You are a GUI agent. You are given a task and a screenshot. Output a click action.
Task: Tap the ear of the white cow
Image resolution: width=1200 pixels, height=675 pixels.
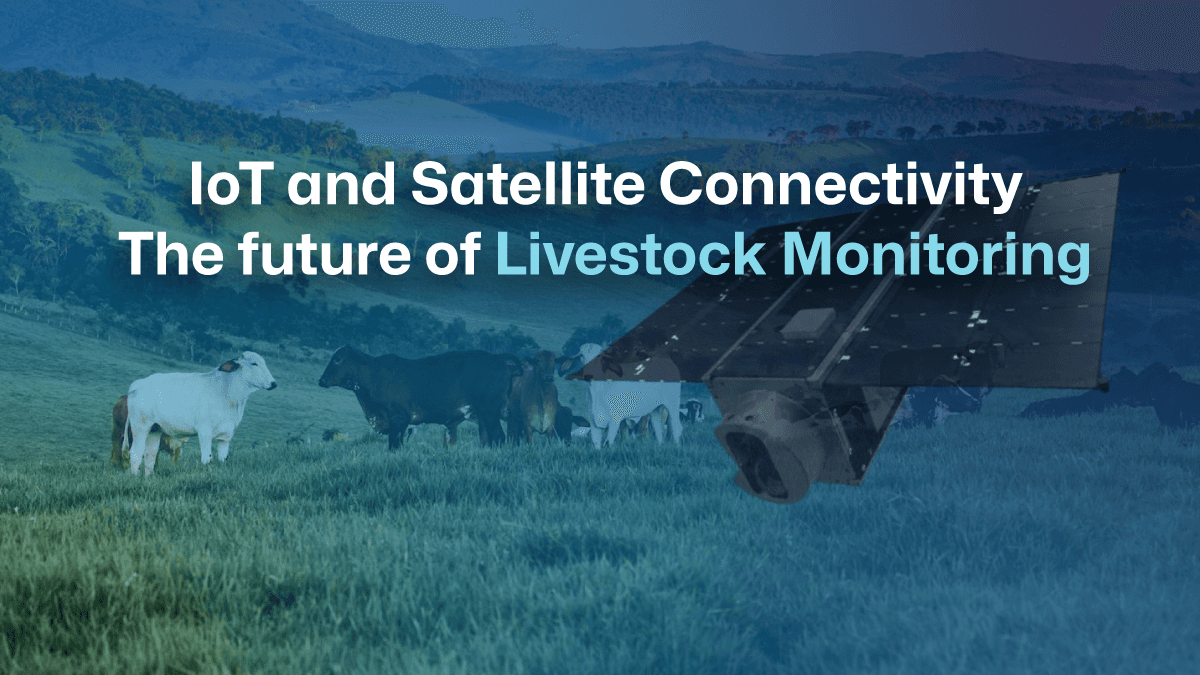click(229, 366)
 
